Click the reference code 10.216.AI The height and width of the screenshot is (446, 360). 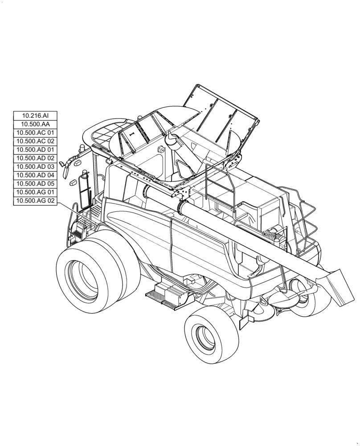pyautogui.click(x=36, y=116)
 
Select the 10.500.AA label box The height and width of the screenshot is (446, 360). pyautogui.click(x=36, y=124)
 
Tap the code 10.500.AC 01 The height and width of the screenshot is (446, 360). pyautogui.click(x=36, y=133)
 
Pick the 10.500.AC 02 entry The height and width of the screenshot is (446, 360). pyautogui.click(x=36, y=141)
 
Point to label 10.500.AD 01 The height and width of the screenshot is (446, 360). pyautogui.click(x=36, y=150)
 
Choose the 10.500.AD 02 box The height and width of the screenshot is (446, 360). pyautogui.click(x=36, y=158)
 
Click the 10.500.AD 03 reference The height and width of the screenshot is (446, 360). pyautogui.click(x=36, y=167)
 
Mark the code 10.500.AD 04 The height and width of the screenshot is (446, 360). pyautogui.click(x=36, y=175)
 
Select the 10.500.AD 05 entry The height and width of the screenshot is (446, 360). pyautogui.click(x=36, y=184)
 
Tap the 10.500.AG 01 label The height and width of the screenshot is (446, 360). pyautogui.click(x=36, y=192)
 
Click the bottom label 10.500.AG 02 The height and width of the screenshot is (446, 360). pyautogui.click(x=36, y=201)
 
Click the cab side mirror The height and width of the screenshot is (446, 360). pyautogui.click(x=66, y=167)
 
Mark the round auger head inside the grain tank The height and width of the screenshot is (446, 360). pyautogui.click(x=171, y=142)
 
